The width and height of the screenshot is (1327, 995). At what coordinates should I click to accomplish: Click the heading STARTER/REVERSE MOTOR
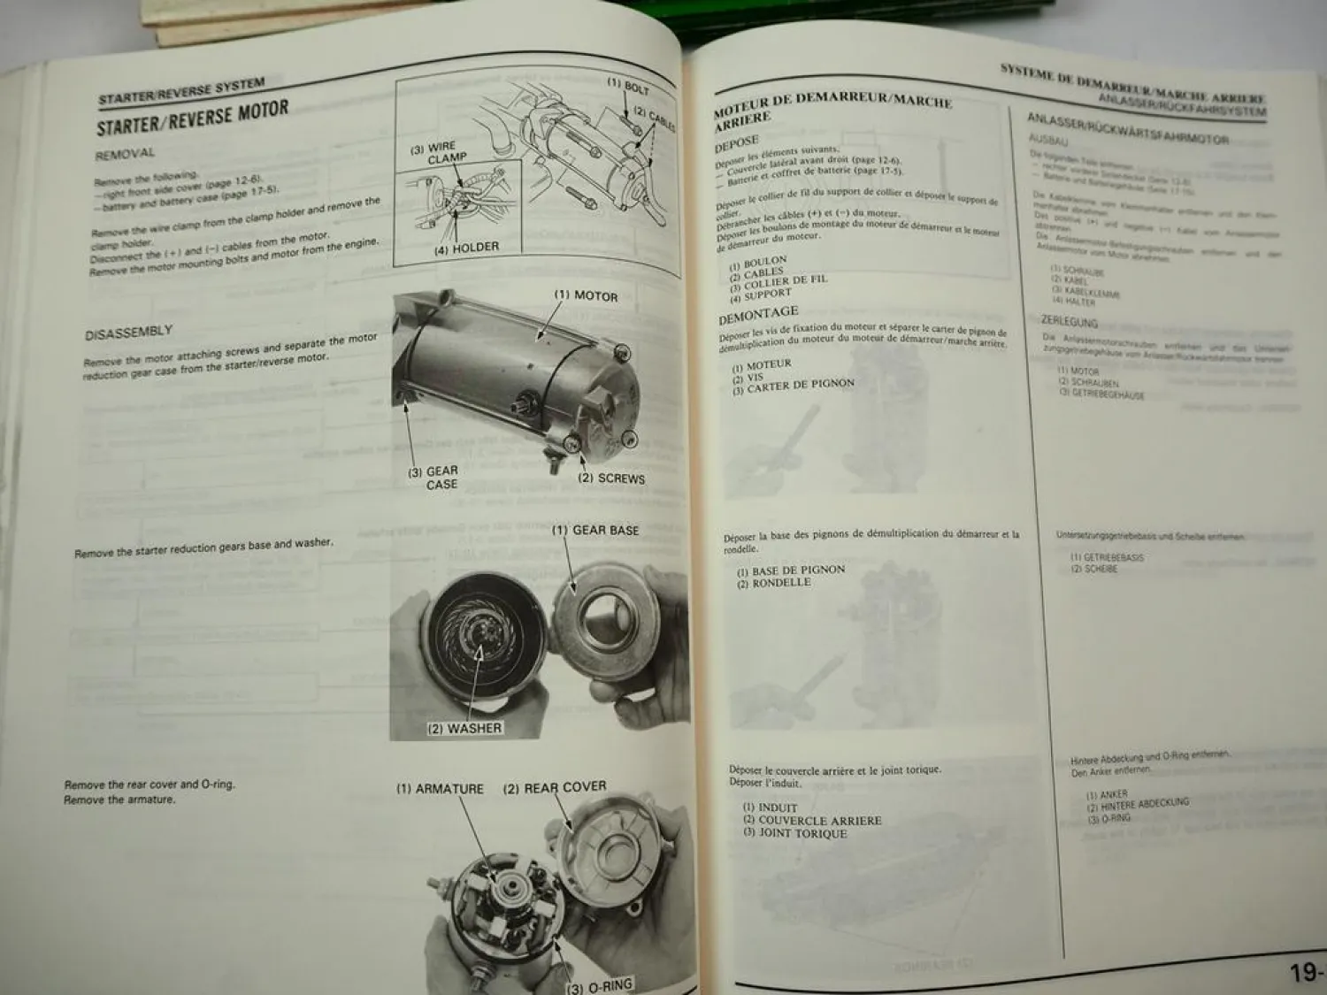[193, 118]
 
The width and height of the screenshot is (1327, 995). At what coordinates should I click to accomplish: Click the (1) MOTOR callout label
[586, 295]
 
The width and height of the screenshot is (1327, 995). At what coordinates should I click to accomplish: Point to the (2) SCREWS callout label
[611, 478]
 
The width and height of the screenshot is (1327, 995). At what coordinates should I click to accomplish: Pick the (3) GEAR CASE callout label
[433, 478]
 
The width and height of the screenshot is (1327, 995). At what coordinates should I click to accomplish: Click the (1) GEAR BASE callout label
[595, 530]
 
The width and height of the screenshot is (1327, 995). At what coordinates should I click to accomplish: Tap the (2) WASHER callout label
[464, 729]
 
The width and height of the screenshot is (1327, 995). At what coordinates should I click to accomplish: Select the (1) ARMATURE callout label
[440, 789]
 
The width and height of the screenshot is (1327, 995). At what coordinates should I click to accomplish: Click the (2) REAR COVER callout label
[555, 787]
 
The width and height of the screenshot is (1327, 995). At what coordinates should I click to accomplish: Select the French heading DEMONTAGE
[758, 314]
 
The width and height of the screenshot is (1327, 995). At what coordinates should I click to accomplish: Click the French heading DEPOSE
[737, 142]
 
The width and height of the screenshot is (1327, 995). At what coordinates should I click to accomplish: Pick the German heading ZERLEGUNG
[1069, 322]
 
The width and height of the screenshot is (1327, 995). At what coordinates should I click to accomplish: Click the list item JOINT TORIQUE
[795, 833]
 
